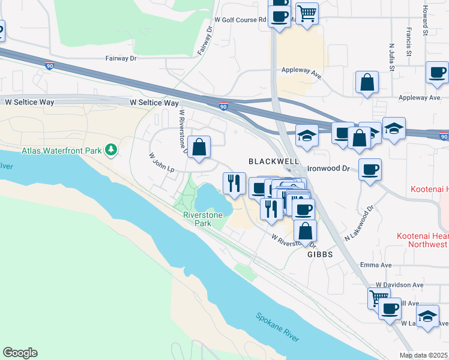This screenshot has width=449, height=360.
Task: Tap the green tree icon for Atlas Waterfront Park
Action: pyautogui.click(x=111, y=149)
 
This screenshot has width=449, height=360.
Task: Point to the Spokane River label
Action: pyautogui.click(x=277, y=327)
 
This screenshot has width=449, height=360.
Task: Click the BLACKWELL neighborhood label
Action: pyautogui.click(x=274, y=162)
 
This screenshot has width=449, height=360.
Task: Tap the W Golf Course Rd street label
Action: pyautogui.click(x=236, y=20)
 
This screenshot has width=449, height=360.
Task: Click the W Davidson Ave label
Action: pyautogui.click(x=399, y=284)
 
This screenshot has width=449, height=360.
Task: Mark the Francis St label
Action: pyautogui.click(x=408, y=37)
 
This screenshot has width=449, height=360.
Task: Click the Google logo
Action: pyautogui.click(x=20, y=353)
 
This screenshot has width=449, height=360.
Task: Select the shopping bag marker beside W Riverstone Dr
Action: pyautogui.click(x=199, y=146)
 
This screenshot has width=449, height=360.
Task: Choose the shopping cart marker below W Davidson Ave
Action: pyautogui.click(x=379, y=297)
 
